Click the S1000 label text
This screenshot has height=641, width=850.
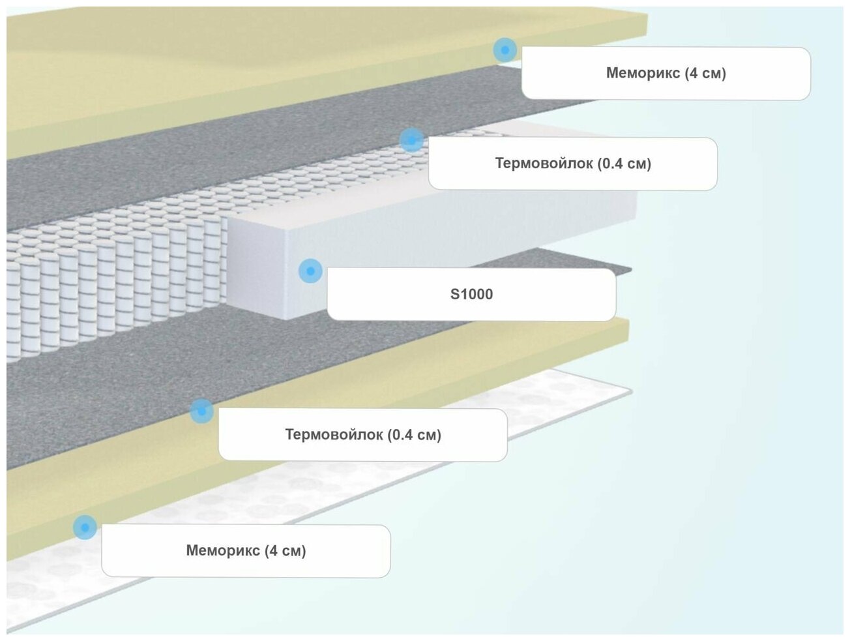471,294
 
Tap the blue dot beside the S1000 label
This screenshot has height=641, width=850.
310,271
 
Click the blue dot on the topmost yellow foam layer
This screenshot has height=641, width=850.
505,50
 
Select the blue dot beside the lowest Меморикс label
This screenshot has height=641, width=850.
85,527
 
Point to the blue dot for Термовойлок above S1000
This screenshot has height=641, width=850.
411,140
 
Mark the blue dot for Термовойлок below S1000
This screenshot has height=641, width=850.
201,411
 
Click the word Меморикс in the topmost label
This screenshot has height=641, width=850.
643,73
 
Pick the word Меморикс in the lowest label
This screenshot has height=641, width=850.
223,550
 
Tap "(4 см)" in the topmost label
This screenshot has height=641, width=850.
705,73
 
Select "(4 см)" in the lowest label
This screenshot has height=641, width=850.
286,550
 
